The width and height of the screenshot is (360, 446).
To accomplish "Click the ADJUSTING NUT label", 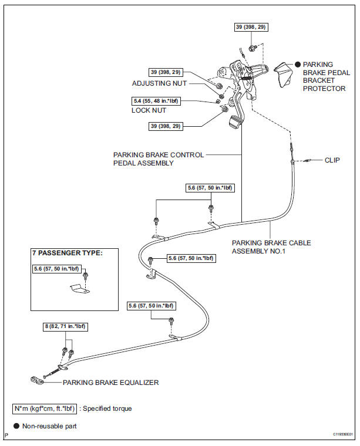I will [x=159, y=83].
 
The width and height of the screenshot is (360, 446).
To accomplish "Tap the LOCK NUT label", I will [x=149, y=110].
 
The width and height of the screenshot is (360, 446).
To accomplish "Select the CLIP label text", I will [x=332, y=160].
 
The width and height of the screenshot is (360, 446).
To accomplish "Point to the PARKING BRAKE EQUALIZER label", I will [x=111, y=382].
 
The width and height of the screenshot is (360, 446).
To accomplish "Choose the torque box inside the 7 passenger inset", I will [x=57, y=268].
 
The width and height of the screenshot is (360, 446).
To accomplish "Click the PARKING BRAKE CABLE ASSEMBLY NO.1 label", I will [x=271, y=246].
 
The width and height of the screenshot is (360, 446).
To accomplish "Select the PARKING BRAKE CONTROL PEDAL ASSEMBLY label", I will [x=159, y=159].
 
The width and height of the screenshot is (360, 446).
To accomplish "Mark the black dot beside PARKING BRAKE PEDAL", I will [x=298, y=64].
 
